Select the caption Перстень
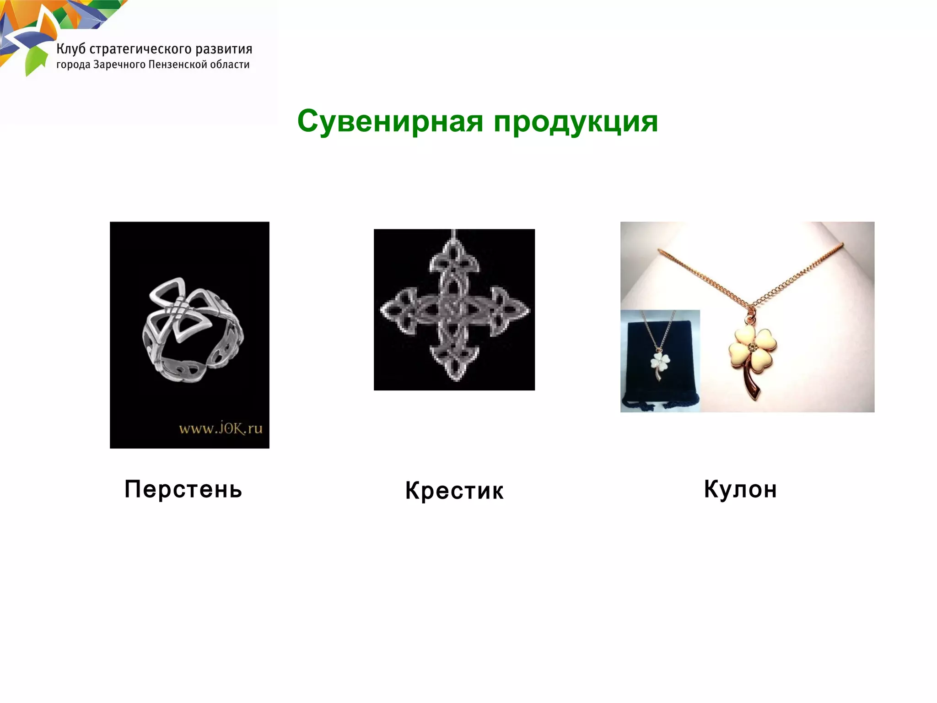[183, 489]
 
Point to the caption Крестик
[454, 491]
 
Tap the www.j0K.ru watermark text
[221, 429]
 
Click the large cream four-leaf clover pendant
[753, 350]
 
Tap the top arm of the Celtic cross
[453, 261]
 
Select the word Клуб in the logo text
[71, 49]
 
